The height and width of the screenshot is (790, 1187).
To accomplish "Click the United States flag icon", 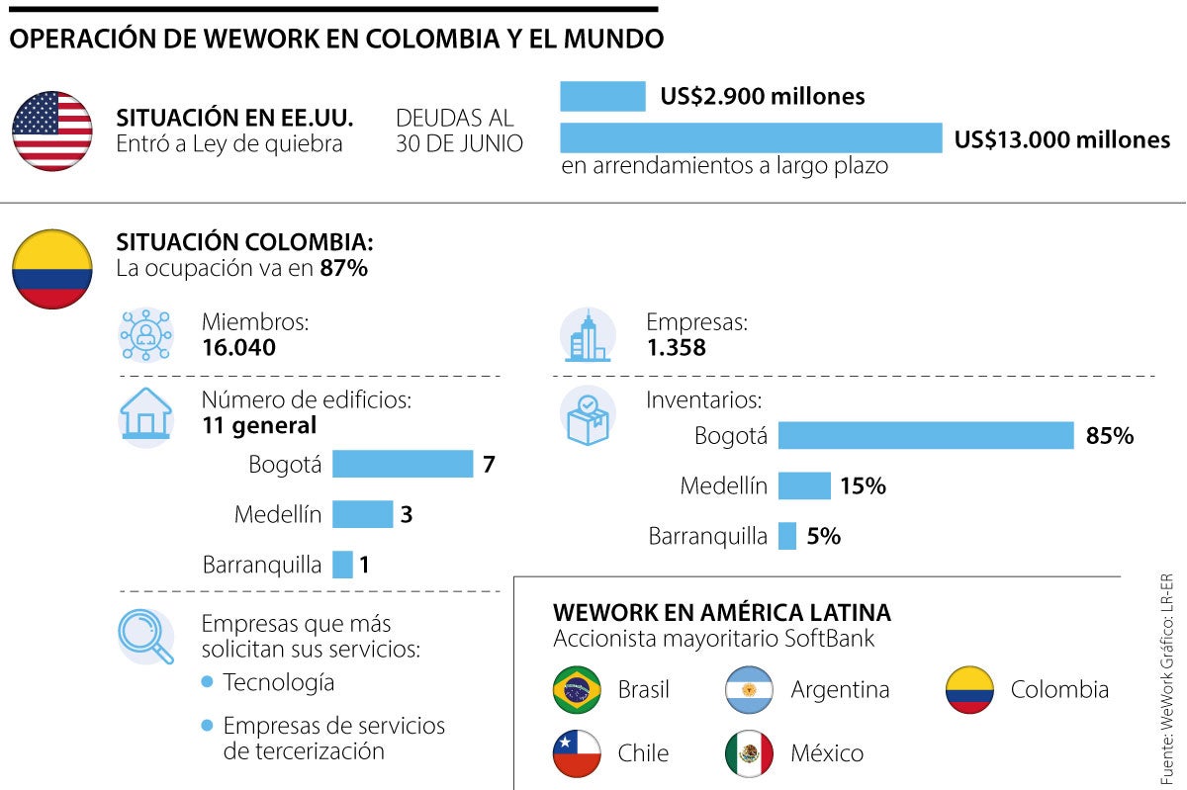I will (52, 131).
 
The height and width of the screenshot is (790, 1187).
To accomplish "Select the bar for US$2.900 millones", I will (602, 96).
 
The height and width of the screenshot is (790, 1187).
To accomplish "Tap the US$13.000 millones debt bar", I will (751, 138).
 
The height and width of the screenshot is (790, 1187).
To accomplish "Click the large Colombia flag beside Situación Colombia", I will (52, 269).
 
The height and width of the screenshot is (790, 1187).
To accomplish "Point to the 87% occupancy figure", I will (343, 268).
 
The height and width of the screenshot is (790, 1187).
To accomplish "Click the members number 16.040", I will (238, 348).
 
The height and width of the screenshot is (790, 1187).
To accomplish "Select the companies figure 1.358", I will (676, 348).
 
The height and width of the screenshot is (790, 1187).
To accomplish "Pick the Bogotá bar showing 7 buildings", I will (403, 464).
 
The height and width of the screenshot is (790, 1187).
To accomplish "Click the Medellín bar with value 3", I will (362, 514).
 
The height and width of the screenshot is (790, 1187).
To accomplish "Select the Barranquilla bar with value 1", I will (342, 565).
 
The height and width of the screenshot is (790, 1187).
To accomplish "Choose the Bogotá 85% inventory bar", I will (925, 435).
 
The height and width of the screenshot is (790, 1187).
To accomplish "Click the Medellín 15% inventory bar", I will (804, 485).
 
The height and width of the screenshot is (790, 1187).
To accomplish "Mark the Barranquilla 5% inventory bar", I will (787, 536).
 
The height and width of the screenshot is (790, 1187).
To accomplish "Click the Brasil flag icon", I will (578, 690).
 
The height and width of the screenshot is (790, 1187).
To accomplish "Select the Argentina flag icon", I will (750, 690).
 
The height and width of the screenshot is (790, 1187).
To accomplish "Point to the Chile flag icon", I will (578, 753).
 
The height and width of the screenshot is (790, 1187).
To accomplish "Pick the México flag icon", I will (750, 753).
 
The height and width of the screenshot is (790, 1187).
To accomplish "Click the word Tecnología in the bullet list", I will (278, 682).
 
